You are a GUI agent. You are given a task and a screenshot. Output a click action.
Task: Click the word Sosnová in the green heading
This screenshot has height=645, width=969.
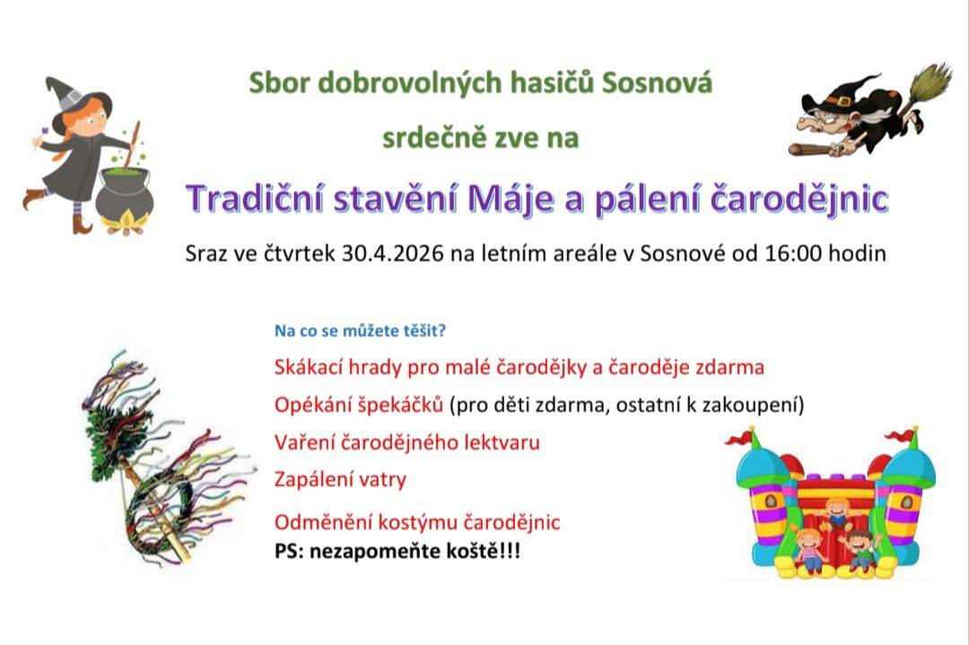coord(657,83)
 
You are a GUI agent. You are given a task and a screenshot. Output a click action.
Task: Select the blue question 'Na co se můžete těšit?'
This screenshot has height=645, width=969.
coord(360,331)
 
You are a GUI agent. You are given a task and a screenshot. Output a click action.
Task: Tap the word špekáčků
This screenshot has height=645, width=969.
coord(402,405)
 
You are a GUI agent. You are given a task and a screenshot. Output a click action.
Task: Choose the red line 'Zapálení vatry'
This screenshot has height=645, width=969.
coord(340,479)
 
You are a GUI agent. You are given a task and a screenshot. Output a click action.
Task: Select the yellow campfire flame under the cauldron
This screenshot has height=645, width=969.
coord(125,220)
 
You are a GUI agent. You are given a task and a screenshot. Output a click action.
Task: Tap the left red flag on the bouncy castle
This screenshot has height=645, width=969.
coord(739,438)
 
